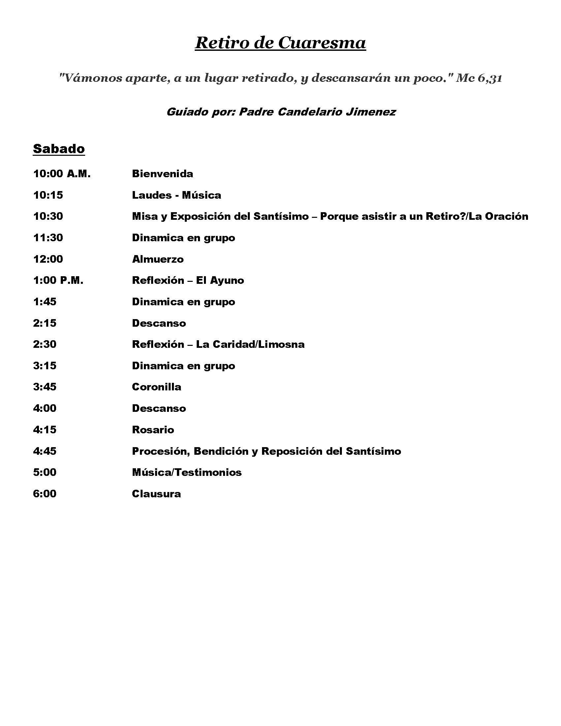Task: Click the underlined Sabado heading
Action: coord(59,148)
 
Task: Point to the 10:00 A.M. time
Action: coord(62,174)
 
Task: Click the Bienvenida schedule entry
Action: coord(162,174)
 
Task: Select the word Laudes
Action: coord(151,195)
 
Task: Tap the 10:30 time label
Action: coord(48,216)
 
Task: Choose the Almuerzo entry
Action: coord(157,259)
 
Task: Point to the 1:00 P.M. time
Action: coord(58,280)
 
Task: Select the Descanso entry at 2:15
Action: coord(159,323)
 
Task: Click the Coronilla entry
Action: coord(156,387)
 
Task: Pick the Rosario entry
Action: coord(153,430)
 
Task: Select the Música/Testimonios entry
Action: coord(186,472)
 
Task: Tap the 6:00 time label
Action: coord(45,494)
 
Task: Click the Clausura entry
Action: coord(156,494)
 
